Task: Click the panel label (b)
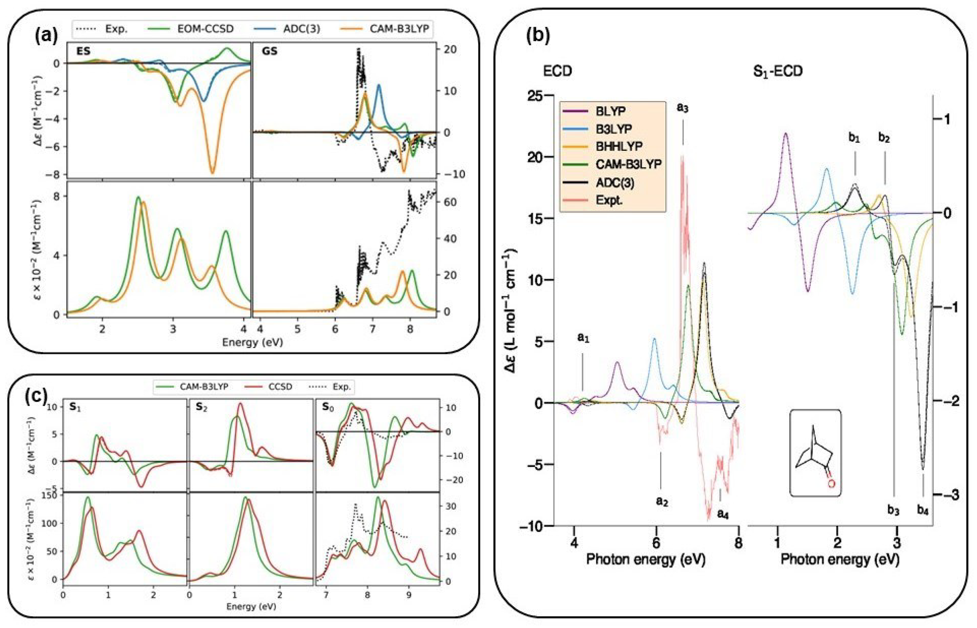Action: coord(538,35)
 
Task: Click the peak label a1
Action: coord(583,338)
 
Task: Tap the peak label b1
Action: coord(854,139)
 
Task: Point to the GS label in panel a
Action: coord(269,52)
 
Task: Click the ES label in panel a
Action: coord(83,52)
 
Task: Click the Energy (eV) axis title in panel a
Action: coord(252,342)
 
